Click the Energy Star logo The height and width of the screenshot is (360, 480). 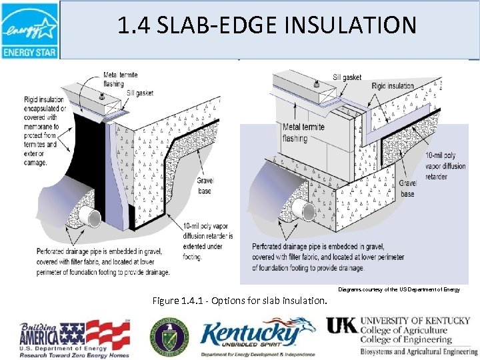point(29,30)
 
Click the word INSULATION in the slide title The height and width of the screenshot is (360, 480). point(353,25)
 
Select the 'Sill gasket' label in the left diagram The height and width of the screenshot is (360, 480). point(139,93)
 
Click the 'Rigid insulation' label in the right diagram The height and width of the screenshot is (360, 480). point(393,85)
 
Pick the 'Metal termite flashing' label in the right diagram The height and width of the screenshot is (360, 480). point(285,133)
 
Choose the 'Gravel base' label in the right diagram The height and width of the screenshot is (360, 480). point(407,188)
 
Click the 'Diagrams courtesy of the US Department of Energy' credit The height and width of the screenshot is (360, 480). point(399,289)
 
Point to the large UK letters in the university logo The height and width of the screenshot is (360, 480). point(341,325)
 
